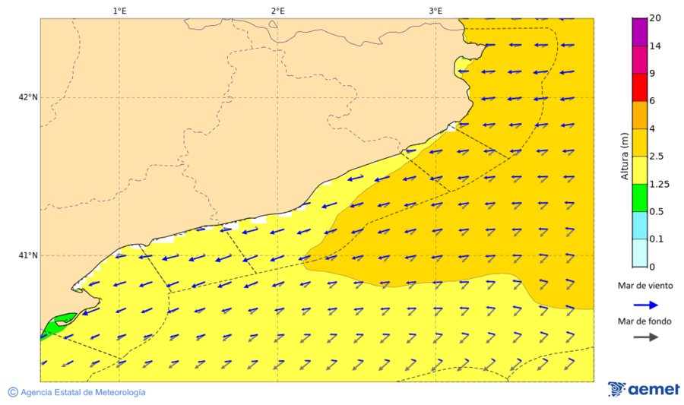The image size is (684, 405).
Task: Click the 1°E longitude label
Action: [119, 11]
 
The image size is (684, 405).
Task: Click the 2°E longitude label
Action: [277, 11]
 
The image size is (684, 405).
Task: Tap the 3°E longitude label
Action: [435, 11]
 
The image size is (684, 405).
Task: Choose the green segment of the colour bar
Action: [639, 198]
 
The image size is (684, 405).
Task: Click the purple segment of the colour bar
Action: [639, 32]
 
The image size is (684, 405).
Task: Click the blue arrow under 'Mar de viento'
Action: [645, 305]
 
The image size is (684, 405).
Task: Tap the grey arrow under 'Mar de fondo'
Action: [645, 337]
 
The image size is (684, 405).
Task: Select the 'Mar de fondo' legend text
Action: [644, 321]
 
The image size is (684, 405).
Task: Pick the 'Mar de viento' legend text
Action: [644, 286]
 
